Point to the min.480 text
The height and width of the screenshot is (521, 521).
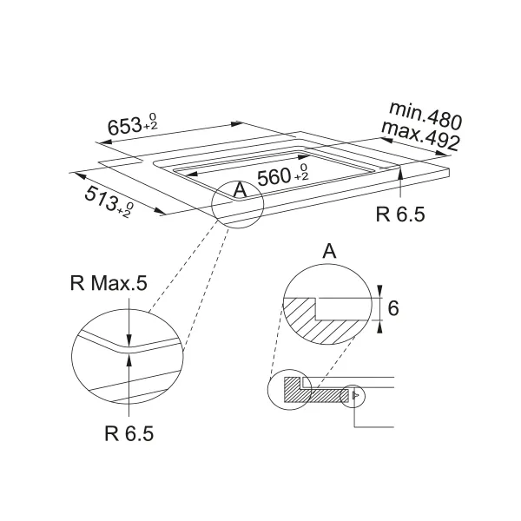point(425,115)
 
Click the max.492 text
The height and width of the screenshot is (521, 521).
point(420,135)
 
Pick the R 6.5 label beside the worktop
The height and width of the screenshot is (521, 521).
point(400,214)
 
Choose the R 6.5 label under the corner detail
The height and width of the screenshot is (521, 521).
point(129,433)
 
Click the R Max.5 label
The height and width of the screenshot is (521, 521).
point(109,283)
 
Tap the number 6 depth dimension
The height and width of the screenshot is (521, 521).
point(393,308)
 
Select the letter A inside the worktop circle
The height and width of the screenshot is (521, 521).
point(240,190)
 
